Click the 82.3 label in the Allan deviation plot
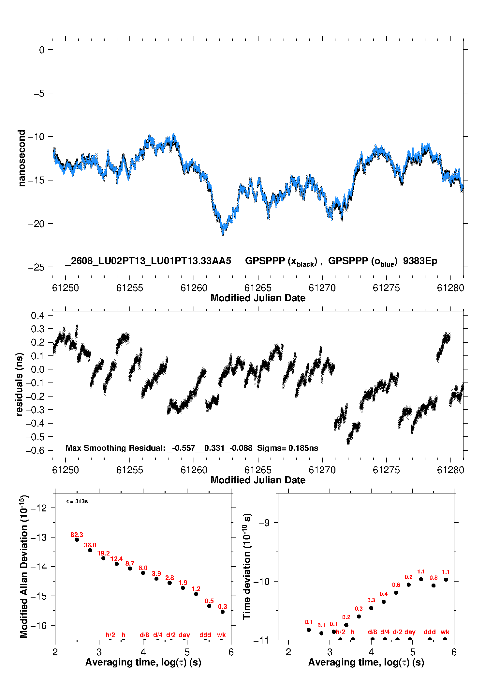[77, 535]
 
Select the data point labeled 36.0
[90, 550]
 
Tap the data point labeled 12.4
[117, 564]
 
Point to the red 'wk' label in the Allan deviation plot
[221, 635]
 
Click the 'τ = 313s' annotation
[77, 501]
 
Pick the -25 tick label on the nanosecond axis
[36, 267]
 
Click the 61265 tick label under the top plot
[258, 288]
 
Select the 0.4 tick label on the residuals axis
[37, 316]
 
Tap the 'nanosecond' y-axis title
[22, 158]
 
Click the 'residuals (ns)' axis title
[20, 384]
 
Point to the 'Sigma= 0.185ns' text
[287, 448]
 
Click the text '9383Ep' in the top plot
[420, 261]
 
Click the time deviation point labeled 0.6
[396, 593]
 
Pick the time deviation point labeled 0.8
[434, 586]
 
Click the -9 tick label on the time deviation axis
[264, 523]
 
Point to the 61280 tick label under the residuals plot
[450, 470]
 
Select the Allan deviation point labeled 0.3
[223, 612]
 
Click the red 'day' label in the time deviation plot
[410, 632]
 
